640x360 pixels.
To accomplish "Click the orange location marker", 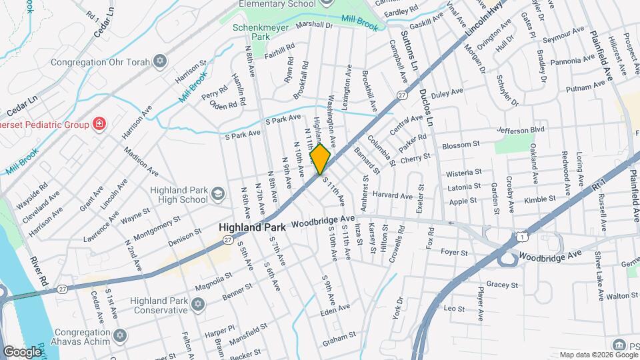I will click(x=321, y=160).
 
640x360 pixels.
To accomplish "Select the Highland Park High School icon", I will click(x=217, y=195).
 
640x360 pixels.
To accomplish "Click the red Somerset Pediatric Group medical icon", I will click(x=99, y=123).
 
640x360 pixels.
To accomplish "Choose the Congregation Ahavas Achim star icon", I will click(x=119, y=335).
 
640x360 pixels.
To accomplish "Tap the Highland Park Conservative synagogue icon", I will click(x=197, y=305).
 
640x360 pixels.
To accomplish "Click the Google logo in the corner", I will click(x=22, y=351).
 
